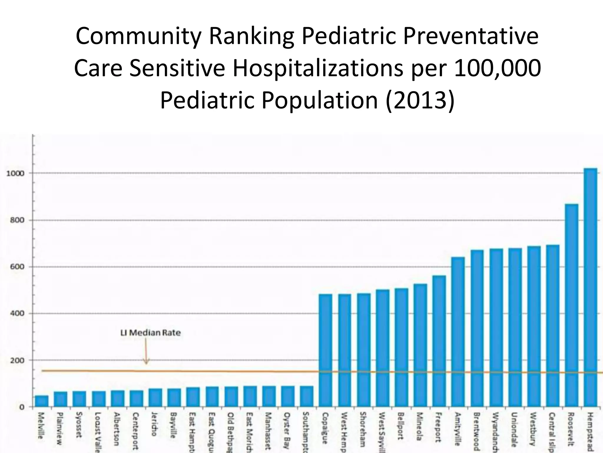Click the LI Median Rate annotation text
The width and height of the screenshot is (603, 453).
(150, 333)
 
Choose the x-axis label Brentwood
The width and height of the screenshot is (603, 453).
(476, 431)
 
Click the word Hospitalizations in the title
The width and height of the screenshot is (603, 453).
(318, 68)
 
